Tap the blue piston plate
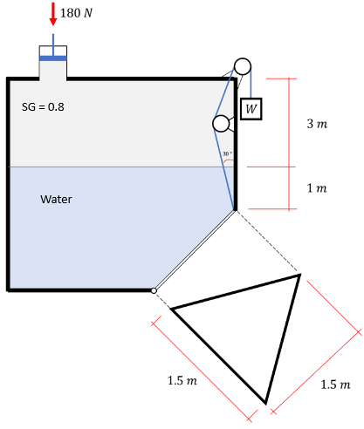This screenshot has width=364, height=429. click(53, 58)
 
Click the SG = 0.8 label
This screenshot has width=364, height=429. click(43, 107)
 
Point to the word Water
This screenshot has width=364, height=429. click(57, 200)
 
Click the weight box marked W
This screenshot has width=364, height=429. click(251, 108)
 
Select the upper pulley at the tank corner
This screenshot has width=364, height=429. click(242, 66)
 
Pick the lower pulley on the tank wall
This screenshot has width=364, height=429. click(221, 124)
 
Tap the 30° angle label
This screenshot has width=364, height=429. click(227, 154)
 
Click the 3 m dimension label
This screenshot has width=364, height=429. click(318, 125)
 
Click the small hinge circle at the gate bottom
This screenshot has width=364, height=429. click(153, 290)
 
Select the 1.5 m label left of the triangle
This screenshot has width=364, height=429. click(182, 380)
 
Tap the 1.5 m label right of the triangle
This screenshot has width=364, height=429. click(336, 385)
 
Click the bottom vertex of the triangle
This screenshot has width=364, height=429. click(265, 403)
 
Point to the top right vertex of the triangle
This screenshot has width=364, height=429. click(299, 276)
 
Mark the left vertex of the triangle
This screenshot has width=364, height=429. click(172, 309)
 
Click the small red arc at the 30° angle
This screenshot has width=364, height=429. click(229, 161)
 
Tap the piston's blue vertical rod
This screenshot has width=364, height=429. click(53, 44)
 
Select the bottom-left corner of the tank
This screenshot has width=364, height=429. click(9, 288)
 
